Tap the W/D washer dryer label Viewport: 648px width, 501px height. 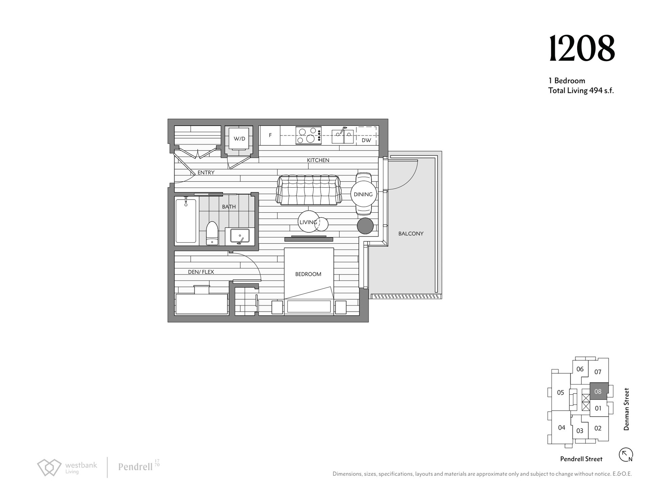[239, 139]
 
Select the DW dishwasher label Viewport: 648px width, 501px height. [366, 140]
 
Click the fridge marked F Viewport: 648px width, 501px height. [270, 135]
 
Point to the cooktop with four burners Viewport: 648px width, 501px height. [308, 135]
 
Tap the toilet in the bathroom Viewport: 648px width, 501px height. [212, 233]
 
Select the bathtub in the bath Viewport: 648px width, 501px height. [186, 221]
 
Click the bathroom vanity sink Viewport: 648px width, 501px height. [240, 236]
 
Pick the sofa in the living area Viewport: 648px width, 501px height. [308, 190]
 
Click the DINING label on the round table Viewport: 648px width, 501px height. [363, 194]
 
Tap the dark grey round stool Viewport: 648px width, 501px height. [365, 226]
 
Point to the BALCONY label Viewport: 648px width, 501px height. [411, 234]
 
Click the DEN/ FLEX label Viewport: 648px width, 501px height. [201, 272]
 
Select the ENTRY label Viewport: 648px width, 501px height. [206, 173]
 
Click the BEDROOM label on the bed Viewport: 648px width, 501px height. [308, 274]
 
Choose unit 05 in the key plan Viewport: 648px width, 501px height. [560, 393]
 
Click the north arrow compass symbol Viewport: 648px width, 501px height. [626, 454]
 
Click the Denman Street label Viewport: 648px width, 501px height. [626, 409]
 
